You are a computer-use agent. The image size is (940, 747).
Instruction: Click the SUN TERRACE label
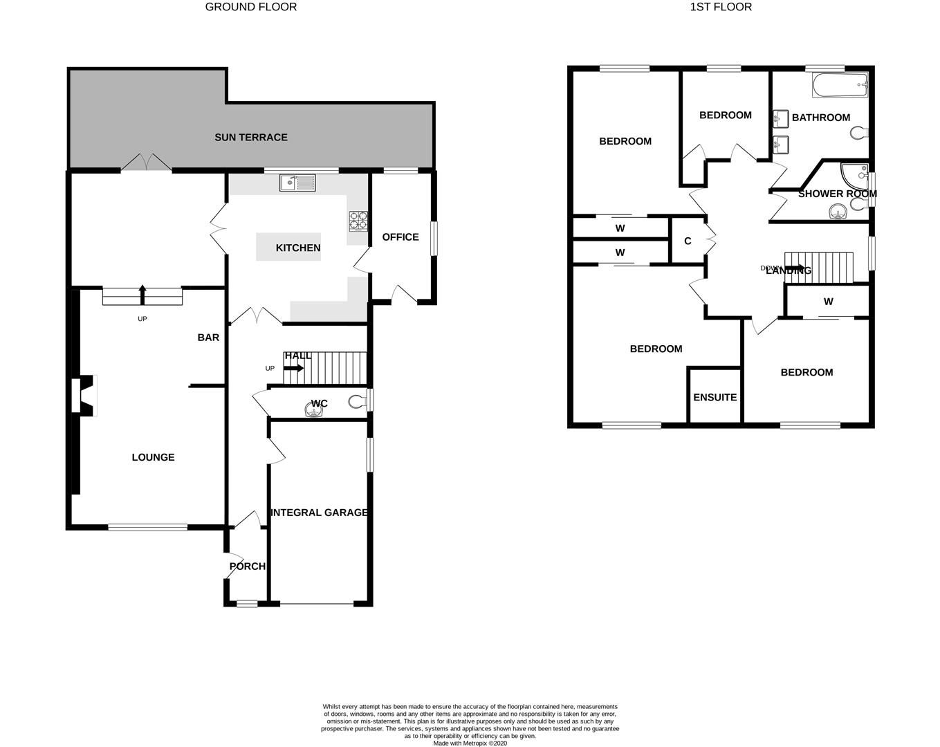click(250, 137)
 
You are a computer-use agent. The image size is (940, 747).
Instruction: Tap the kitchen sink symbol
click(297, 183)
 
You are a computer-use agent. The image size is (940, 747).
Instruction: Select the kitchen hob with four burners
click(358, 220)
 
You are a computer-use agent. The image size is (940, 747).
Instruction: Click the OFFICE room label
click(400, 237)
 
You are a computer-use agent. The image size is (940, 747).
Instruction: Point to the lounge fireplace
click(85, 396)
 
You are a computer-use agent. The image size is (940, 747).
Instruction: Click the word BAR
click(208, 338)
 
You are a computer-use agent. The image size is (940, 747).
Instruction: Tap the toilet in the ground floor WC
click(358, 401)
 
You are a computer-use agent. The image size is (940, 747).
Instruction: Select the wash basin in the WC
click(315, 411)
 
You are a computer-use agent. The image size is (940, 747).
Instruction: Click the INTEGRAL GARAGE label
click(319, 513)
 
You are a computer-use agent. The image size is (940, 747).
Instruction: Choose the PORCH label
click(247, 566)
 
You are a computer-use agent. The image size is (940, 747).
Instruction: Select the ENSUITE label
click(715, 397)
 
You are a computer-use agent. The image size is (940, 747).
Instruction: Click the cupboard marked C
click(687, 241)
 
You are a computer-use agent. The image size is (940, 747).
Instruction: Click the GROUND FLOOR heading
click(251, 7)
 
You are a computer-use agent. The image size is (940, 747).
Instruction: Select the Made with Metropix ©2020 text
click(470, 744)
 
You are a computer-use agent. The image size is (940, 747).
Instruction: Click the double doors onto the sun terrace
click(146, 163)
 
